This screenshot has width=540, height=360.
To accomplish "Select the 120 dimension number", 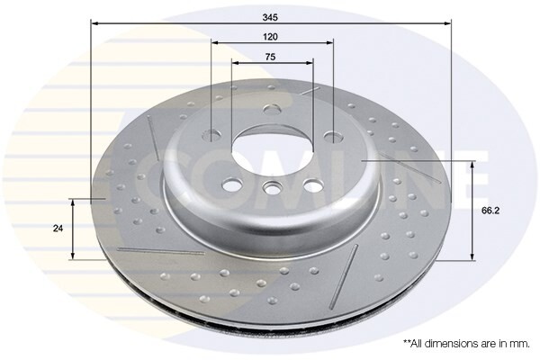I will pos(271,36).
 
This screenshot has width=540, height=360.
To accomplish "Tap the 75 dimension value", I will pos(271,57).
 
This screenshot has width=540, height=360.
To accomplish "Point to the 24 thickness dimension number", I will pos(58,229).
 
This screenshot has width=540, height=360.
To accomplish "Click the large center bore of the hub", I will pos(270,145).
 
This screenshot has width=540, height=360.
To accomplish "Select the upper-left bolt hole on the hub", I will pos(211,136).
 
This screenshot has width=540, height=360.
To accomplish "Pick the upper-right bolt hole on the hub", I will pos(332,137).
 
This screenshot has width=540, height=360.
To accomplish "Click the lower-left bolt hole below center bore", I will pos(231,184).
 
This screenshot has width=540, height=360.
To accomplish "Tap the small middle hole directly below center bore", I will pos(272,189).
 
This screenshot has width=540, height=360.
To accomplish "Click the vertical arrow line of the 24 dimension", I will pos(75,229).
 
